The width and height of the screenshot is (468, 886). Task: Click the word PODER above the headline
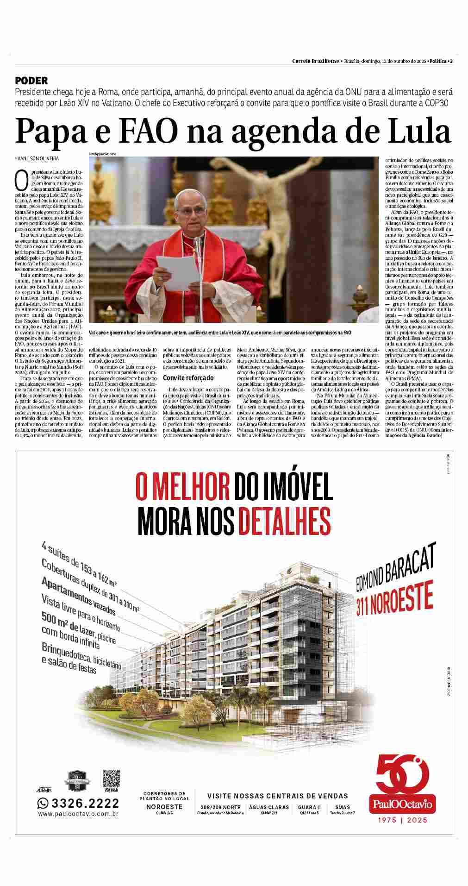pos(31,81)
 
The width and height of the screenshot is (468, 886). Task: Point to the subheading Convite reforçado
pos(188,378)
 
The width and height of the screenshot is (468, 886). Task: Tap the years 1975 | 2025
pos(401,820)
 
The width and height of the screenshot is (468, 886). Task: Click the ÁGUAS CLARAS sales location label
pos(269,807)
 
